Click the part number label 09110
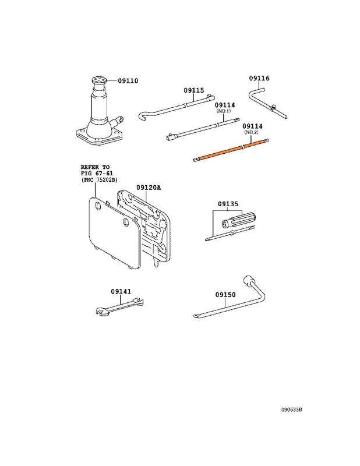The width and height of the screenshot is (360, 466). pos(128,80)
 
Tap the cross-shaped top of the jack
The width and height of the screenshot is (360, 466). pos(98,79)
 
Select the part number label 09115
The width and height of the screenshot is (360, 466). pos(194,90)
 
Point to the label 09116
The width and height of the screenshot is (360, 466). pos(259,78)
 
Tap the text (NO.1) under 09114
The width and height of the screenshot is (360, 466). pos(224,111)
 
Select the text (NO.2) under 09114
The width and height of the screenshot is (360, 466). pos(251,132)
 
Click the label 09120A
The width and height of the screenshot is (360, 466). pos(149,188)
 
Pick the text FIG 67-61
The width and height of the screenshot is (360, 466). pos(97,174)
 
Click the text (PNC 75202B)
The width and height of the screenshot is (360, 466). pos(99,180)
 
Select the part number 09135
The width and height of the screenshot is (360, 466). pos(228,204)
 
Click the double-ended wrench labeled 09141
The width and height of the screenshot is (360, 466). pos(120,306)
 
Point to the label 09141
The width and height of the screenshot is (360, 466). pos(121,292)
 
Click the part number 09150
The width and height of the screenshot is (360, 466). pos(225,295)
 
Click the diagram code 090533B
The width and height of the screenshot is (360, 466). pos(292,409)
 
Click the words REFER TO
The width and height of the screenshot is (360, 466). pos(95,167)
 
